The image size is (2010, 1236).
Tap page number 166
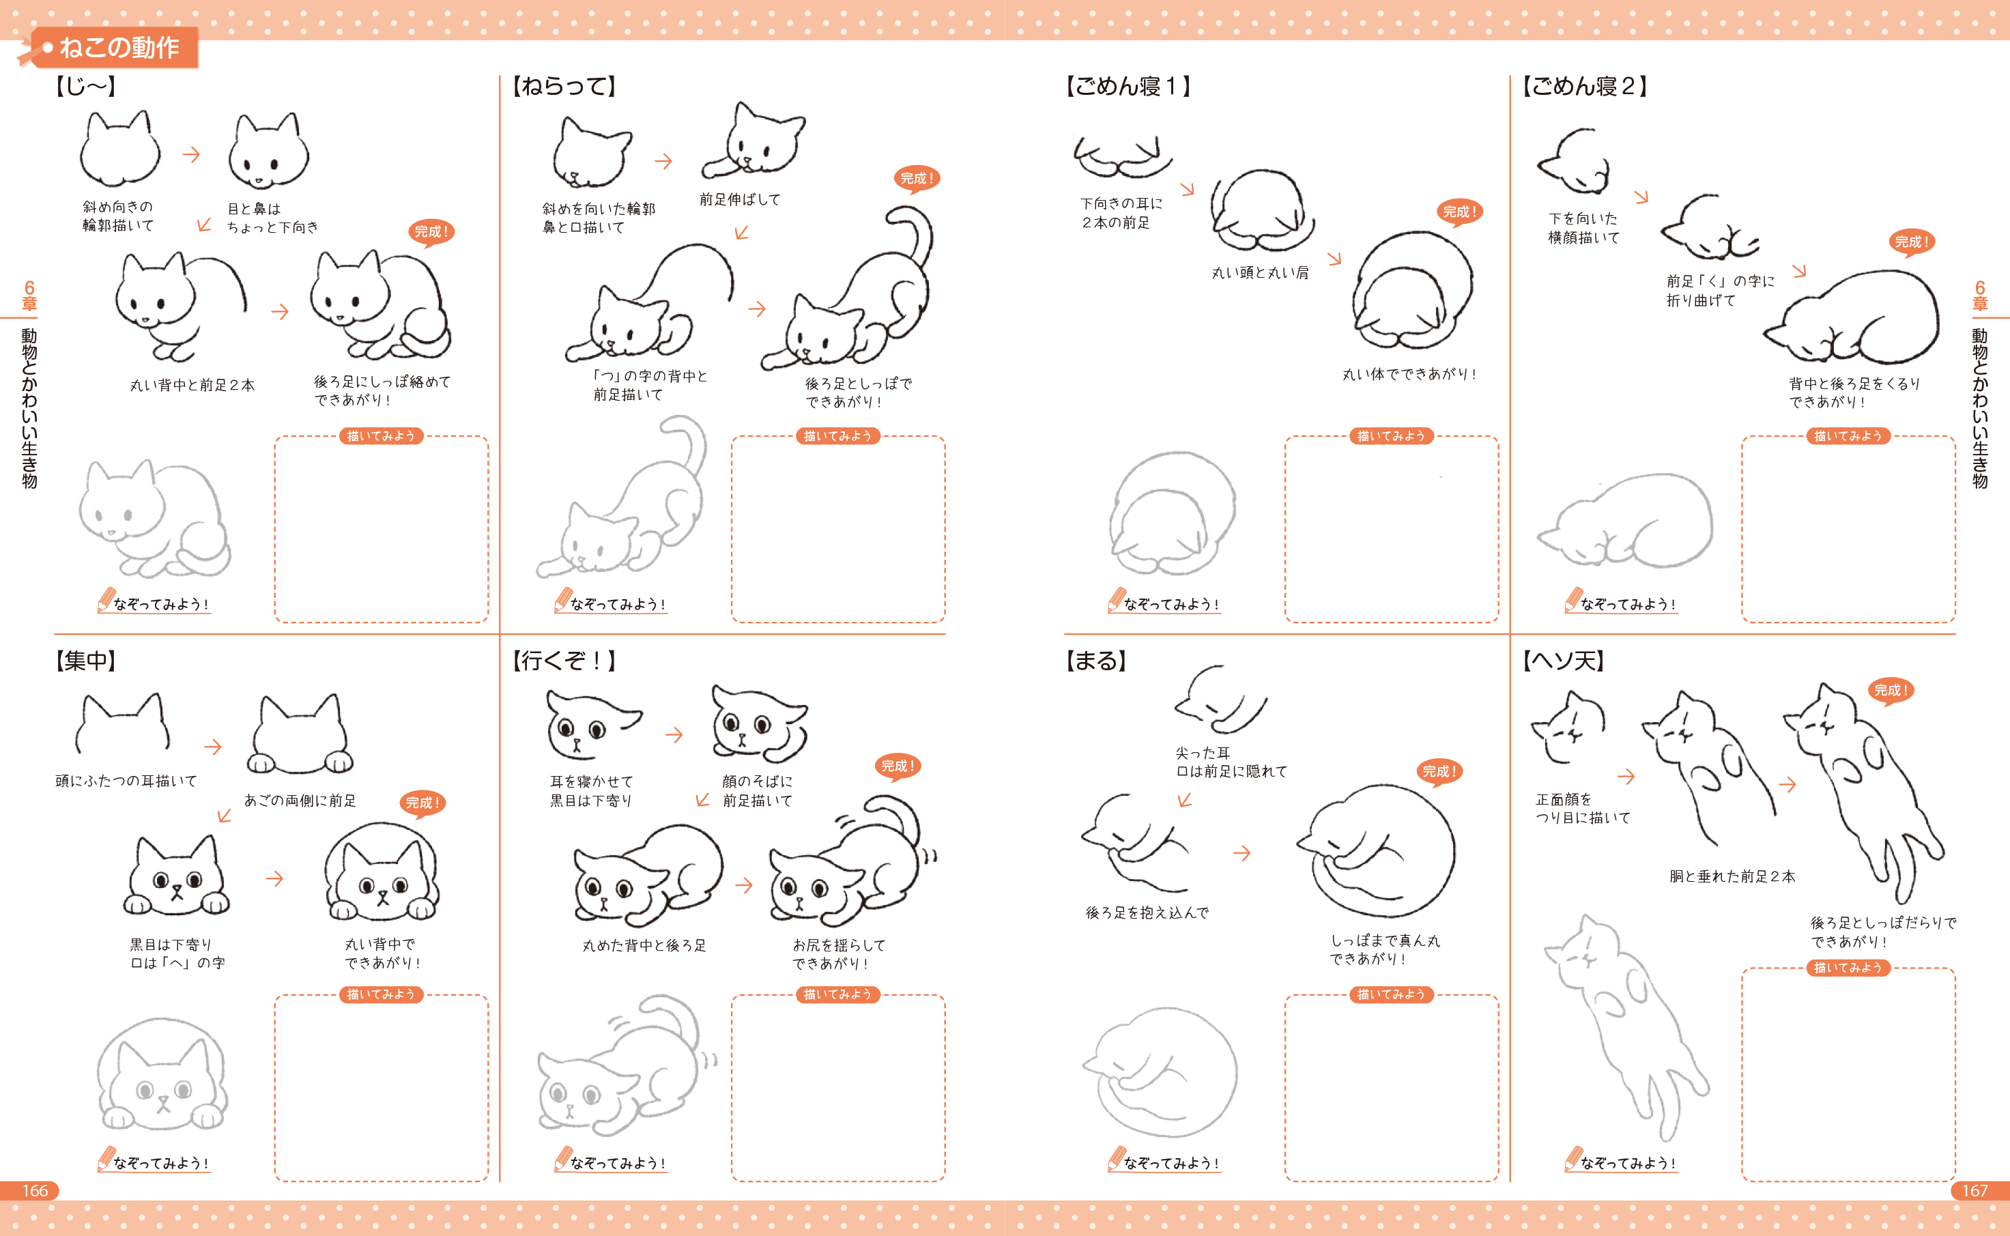pyautogui.click(x=34, y=1190)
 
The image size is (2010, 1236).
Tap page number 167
pyautogui.click(x=1975, y=1190)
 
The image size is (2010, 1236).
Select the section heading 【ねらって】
pyautogui.click(x=564, y=87)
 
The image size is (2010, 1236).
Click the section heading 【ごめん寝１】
pyautogui.click(x=1128, y=87)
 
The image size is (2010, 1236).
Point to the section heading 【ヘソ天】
pyautogui.click(x=1563, y=661)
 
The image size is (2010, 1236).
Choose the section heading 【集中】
pyautogui.click(x=85, y=661)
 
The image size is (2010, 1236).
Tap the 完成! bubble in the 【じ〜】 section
pyautogui.click(x=431, y=232)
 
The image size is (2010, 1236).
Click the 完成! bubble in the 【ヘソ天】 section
pyautogui.click(x=1891, y=691)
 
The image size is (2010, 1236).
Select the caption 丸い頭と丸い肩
pyautogui.click(x=1260, y=273)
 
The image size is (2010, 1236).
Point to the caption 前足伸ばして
pyautogui.click(x=740, y=199)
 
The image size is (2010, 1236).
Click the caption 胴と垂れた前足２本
pyautogui.click(x=1732, y=876)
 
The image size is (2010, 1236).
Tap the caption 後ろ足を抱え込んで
pyautogui.click(x=1147, y=912)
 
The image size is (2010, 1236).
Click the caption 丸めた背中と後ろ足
pyautogui.click(x=644, y=946)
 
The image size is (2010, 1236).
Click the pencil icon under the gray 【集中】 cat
pyautogui.click(x=105, y=1158)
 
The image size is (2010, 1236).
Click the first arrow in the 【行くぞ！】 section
pyautogui.click(x=674, y=735)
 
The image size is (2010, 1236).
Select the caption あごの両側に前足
pyautogui.click(x=300, y=801)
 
